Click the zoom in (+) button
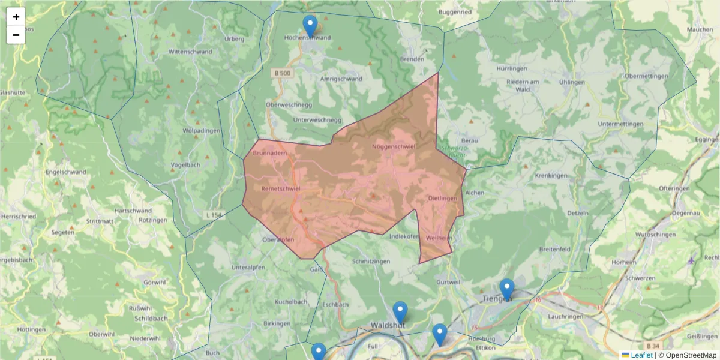point(16,17)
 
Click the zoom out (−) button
point(16,35)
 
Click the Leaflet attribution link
point(641,355)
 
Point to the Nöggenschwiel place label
point(394,146)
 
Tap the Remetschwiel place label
point(281,188)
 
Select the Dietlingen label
point(443,198)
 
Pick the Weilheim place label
point(439,238)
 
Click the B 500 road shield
point(282,73)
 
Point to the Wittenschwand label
point(190,52)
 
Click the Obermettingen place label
point(646,76)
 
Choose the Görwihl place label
point(154,282)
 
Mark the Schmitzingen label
point(371,262)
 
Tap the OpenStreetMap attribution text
point(691,355)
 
